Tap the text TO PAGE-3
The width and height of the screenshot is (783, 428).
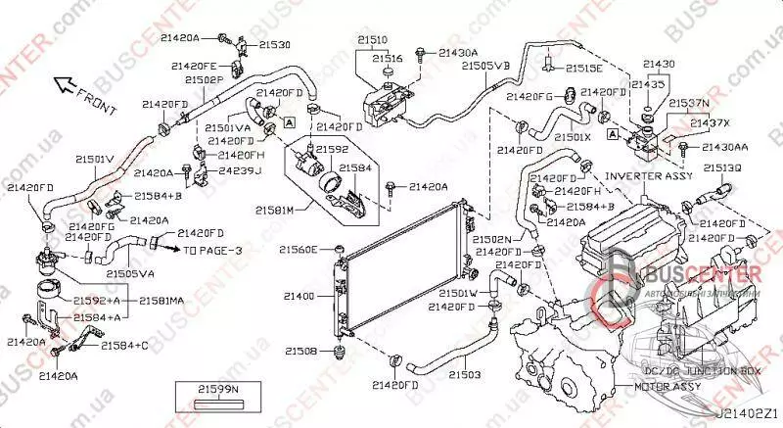[213, 251]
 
